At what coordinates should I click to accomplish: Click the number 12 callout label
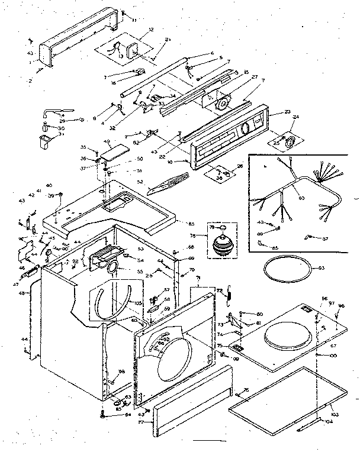click(x=134, y=30)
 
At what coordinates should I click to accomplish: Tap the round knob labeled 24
click(x=289, y=141)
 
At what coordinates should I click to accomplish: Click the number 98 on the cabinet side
click(x=121, y=372)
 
